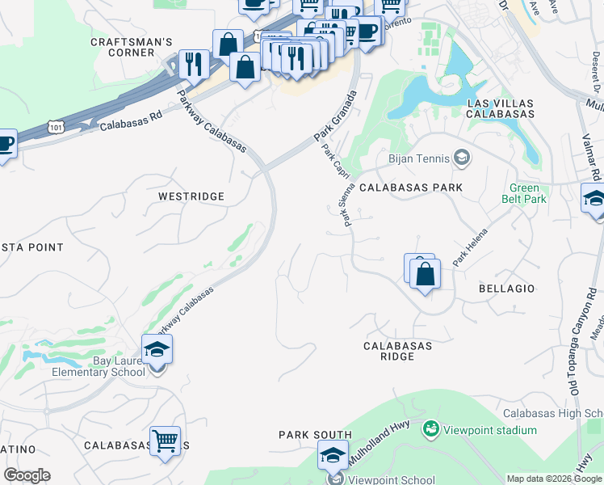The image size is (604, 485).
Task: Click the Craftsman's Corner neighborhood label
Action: point(122,47)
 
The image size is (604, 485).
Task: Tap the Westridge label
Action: point(191,196)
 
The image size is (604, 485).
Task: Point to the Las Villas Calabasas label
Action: point(501,108)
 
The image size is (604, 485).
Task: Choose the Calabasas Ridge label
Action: point(397,351)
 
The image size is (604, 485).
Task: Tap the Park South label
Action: point(315,435)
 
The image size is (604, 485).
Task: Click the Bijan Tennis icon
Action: point(462,158)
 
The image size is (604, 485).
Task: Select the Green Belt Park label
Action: point(528,193)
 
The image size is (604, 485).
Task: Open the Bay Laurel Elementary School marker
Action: point(157,350)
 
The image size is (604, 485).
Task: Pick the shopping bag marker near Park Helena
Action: point(424,274)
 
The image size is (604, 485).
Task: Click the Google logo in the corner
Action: point(27,475)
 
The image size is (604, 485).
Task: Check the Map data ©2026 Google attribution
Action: point(555,479)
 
